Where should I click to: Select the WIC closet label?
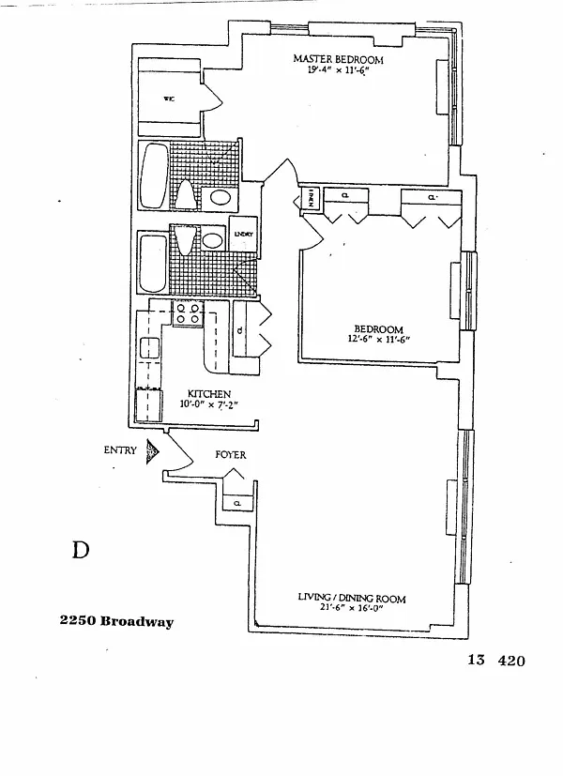(x=170, y=99)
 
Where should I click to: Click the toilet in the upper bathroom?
(x=186, y=194)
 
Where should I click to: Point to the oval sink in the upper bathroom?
(x=221, y=197)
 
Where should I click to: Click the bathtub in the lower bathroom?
(x=151, y=264)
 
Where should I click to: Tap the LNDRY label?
(x=244, y=236)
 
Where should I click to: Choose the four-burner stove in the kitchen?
(x=188, y=313)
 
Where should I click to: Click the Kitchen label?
(x=209, y=394)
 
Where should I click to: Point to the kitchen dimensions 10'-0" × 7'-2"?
(x=209, y=404)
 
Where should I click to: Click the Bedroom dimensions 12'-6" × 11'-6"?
(x=378, y=340)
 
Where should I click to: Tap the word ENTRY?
(x=120, y=450)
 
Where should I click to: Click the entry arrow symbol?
(x=151, y=451)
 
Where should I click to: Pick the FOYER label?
(x=231, y=455)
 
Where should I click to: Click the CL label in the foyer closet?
(x=237, y=504)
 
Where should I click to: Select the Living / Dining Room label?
(x=351, y=598)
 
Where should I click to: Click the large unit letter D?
(x=82, y=550)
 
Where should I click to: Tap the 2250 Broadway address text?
(x=116, y=622)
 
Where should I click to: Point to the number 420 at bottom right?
(x=511, y=660)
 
